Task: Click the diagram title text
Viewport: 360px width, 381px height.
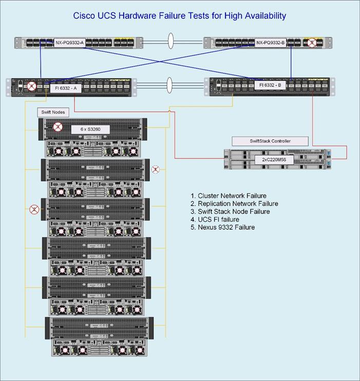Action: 179,15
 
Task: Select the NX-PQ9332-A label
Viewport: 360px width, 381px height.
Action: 69,43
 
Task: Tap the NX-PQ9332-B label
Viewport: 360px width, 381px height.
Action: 270,43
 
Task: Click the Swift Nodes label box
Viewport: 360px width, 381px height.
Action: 53,112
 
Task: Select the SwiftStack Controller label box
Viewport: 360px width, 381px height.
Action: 270,141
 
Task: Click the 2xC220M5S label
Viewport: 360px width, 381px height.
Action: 270,160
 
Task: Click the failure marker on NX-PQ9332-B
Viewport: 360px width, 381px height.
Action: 311,43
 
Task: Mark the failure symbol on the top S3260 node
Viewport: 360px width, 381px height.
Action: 58,126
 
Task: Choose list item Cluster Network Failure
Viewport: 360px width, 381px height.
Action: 229,196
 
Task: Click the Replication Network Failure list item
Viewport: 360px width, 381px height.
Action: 234,203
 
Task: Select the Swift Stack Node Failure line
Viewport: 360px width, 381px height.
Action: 230,211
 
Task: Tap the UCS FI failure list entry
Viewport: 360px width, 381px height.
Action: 215,219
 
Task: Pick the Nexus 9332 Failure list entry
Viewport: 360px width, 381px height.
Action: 222,227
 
